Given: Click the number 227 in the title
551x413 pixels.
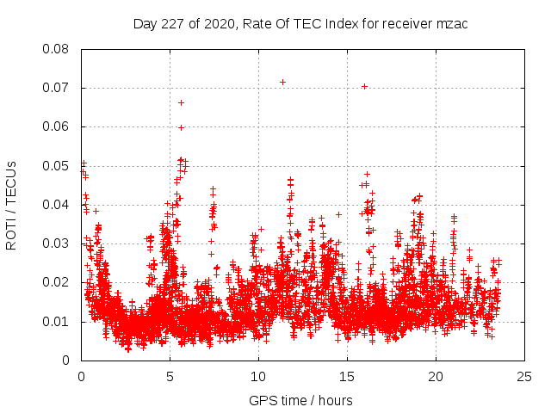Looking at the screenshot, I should click(x=170, y=22).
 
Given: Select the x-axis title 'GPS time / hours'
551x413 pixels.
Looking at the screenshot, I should click(x=301, y=401).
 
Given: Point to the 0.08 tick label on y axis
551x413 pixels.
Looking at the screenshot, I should click(x=58, y=48).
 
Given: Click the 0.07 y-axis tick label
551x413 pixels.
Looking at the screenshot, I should click(x=58, y=88).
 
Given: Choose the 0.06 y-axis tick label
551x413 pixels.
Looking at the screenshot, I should click(x=58, y=126).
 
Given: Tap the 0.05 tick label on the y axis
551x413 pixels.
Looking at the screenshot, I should click(x=58, y=165).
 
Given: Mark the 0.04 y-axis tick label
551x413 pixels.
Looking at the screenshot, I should click(x=58, y=205).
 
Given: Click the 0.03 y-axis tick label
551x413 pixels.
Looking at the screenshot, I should click(x=58, y=243).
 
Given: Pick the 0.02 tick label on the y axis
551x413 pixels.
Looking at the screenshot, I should click(x=58, y=282).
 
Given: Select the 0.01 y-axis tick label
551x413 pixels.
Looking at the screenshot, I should click(x=58, y=322).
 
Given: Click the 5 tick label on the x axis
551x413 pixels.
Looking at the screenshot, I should click(x=170, y=376).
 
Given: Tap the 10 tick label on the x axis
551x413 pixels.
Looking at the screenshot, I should click(x=258, y=376).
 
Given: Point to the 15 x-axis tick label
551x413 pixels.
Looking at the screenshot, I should click(x=347, y=376).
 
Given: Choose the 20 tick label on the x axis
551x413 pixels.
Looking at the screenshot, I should click(x=436, y=376).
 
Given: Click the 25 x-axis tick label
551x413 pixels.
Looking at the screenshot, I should click(x=524, y=376).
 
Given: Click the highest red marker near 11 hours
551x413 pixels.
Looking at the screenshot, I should click(x=282, y=82).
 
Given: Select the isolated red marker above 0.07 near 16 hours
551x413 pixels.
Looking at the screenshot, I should click(x=364, y=86).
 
